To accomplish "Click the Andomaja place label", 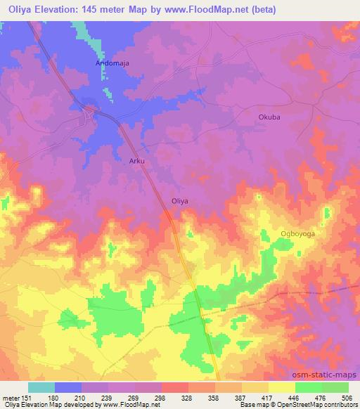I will click(112, 63).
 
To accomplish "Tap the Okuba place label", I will click(269, 117).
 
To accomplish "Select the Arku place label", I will click(137, 161).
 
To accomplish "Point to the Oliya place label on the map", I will click(180, 200).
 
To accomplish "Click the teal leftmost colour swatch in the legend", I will click(41, 387).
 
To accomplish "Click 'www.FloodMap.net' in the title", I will click(205, 10).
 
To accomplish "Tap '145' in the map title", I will click(91, 10).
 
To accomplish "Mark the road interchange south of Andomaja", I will click(89, 112).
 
